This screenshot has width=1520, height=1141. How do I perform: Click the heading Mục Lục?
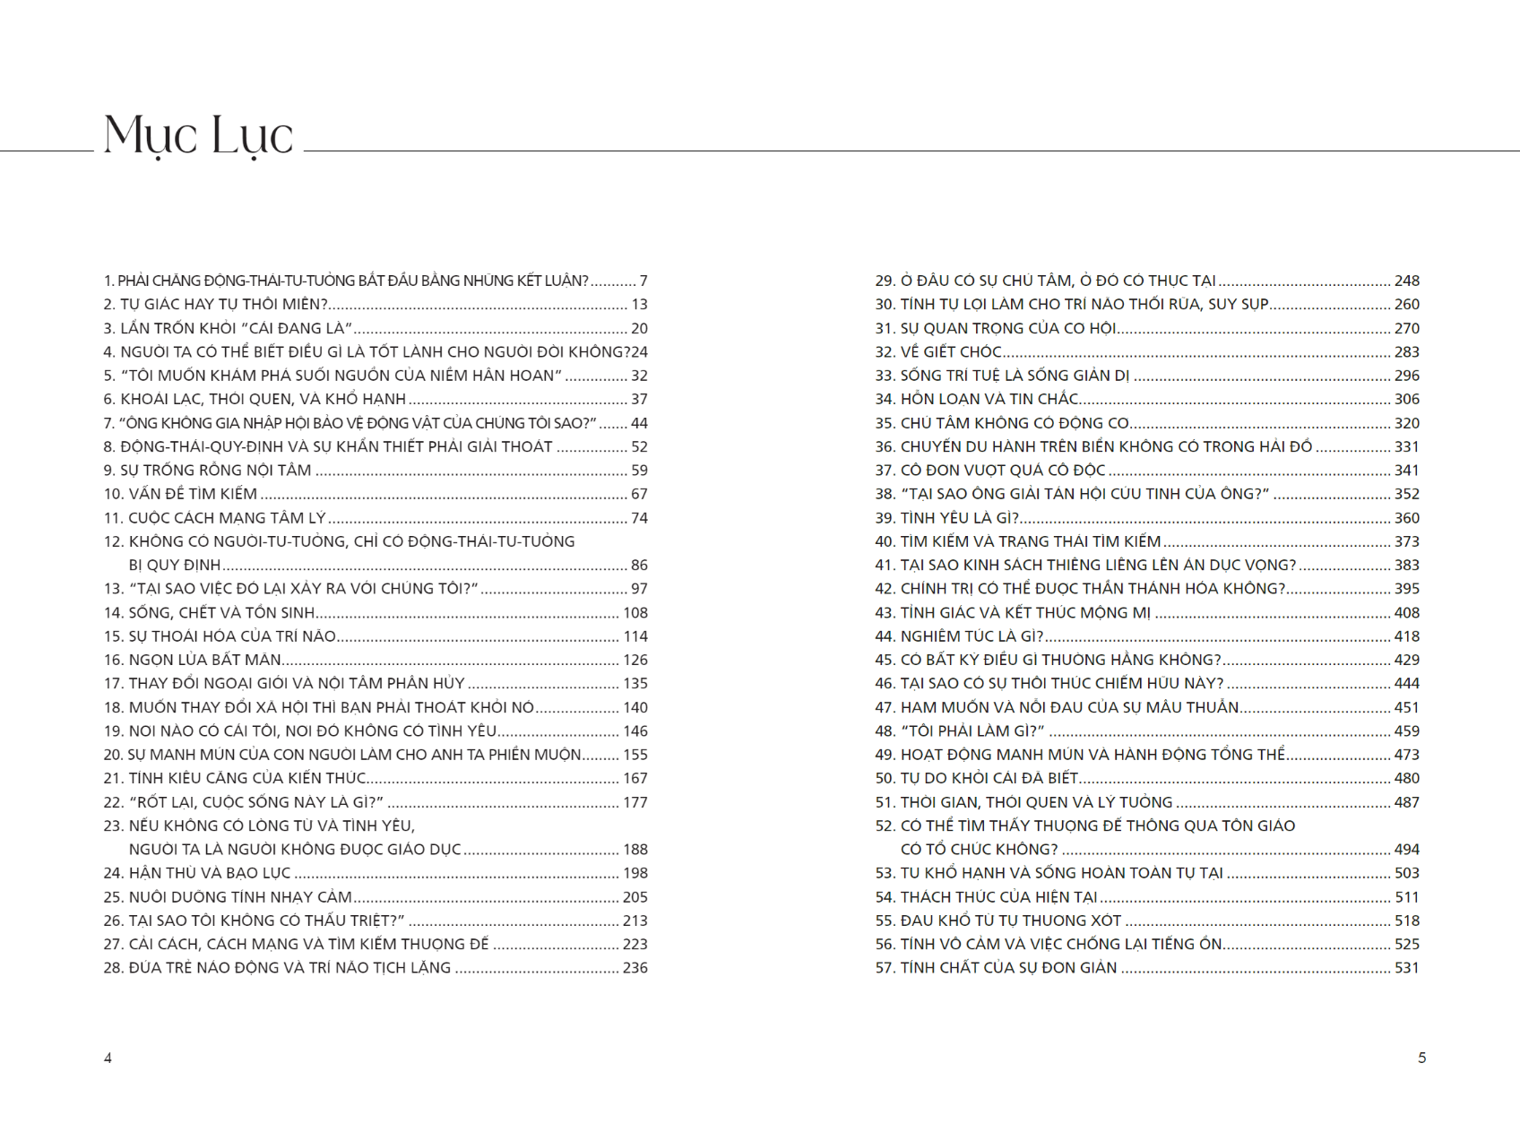tap(198, 136)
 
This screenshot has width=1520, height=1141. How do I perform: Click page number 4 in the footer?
tap(108, 1058)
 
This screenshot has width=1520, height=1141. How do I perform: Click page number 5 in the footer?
tap(1421, 1058)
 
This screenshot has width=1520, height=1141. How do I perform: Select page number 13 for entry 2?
tap(639, 305)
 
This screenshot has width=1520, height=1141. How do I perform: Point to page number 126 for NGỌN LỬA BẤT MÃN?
tap(635, 660)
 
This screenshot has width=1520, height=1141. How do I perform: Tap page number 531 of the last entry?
tap(1406, 968)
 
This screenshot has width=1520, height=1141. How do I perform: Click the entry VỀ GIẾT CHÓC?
tap(951, 352)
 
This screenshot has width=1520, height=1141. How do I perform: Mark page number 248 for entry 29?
tap(1406, 281)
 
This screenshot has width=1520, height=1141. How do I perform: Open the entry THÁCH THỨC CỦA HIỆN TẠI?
tap(998, 897)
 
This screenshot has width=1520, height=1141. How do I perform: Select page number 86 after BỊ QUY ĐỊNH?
tap(639, 566)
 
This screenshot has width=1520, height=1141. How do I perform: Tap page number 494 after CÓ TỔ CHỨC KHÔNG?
tap(1406, 850)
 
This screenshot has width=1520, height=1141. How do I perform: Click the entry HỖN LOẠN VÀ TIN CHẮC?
tap(989, 399)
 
